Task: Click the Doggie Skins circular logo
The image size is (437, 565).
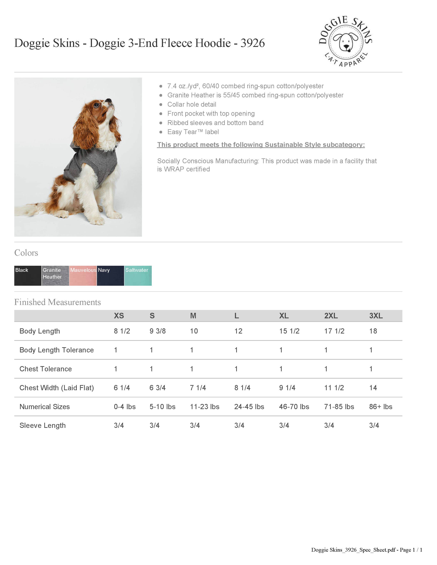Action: pyautogui.click(x=345, y=41)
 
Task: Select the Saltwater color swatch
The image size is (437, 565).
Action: pyautogui.click(x=138, y=276)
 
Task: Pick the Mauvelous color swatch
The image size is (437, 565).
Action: pyautogui.click(x=83, y=276)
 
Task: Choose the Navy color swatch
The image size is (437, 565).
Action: pyautogui.click(x=110, y=276)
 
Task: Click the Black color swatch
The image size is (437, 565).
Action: pyautogui.click(x=28, y=276)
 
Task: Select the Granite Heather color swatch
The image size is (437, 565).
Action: pyautogui.click(x=55, y=276)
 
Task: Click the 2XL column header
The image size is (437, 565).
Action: pyautogui.click(x=331, y=316)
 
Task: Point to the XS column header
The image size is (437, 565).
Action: pyautogui.click(x=119, y=316)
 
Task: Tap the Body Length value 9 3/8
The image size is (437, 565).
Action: pyautogui.click(x=157, y=331)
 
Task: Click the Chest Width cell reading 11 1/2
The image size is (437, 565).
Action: pyautogui.click(x=334, y=388)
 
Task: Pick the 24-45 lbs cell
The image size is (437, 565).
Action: pyautogui.click(x=249, y=407)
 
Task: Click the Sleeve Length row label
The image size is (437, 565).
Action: pyautogui.click(x=42, y=426)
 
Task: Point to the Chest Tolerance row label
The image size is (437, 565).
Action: pyautogui.click(x=46, y=369)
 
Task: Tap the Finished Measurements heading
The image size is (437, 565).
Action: pyautogui.click(x=57, y=302)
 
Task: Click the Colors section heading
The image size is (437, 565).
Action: pyautogui.click(x=26, y=253)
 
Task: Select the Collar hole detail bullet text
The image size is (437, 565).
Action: pyautogui.click(x=192, y=105)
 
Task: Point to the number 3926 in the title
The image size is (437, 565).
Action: pyautogui.click(x=252, y=43)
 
